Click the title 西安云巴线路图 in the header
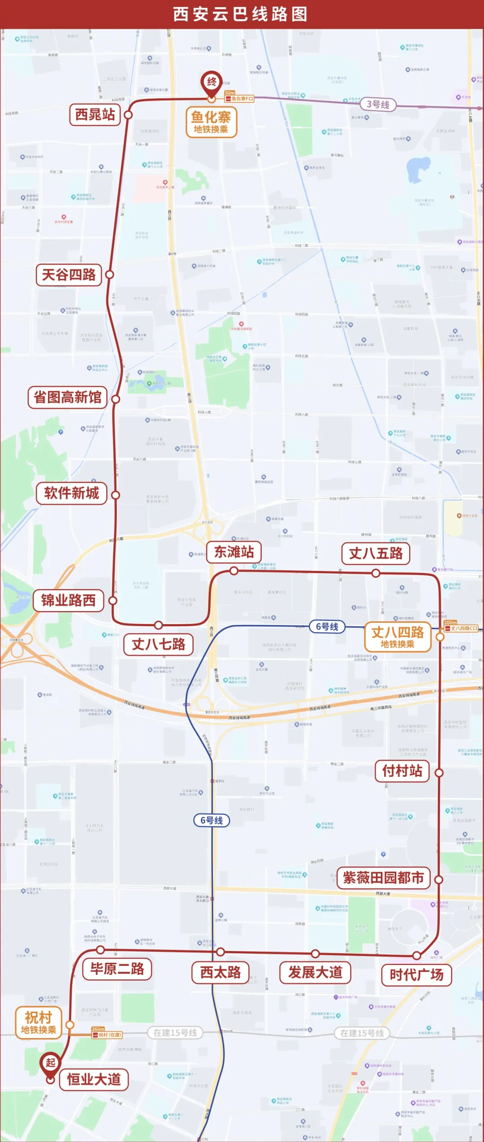[x=241, y=14]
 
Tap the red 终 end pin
[x=212, y=82]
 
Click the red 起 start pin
[x=50, y=1063]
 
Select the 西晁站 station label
[x=95, y=115]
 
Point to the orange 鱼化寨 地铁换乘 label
[x=211, y=122]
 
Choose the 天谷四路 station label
[x=69, y=274]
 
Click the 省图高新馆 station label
[x=68, y=397]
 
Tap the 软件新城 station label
[x=72, y=493]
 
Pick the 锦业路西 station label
[x=69, y=600]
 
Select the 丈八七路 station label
[x=158, y=645]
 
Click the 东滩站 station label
[x=234, y=552]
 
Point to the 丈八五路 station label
[x=376, y=553]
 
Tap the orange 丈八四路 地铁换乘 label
[x=398, y=637]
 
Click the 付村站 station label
[x=402, y=771]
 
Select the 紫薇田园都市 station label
[x=383, y=878]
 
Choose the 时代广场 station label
[x=416, y=974]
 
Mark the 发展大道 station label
[x=315, y=972]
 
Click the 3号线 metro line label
[x=378, y=104]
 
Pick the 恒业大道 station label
[x=94, y=1079]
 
